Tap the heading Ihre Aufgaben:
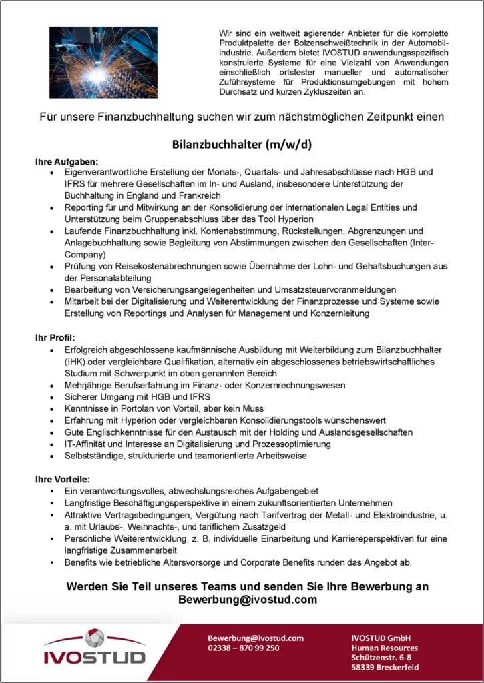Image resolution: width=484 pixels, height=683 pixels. pyautogui.click(x=67, y=161)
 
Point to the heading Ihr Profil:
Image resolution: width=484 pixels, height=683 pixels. pyautogui.click(x=55, y=338)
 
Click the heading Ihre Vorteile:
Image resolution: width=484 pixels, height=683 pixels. pyautogui.click(x=63, y=479)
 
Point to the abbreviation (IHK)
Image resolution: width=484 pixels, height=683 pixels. pyautogui.click(x=76, y=362)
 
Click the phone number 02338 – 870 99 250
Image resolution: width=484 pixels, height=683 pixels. pyautogui.click(x=244, y=648)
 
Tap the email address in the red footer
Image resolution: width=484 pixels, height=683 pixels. pyautogui.click(x=256, y=638)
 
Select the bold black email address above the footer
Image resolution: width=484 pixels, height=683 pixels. pyautogui.click(x=247, y=600)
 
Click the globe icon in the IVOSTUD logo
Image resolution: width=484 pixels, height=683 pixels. pyautogui.click(x=95, y=638)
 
